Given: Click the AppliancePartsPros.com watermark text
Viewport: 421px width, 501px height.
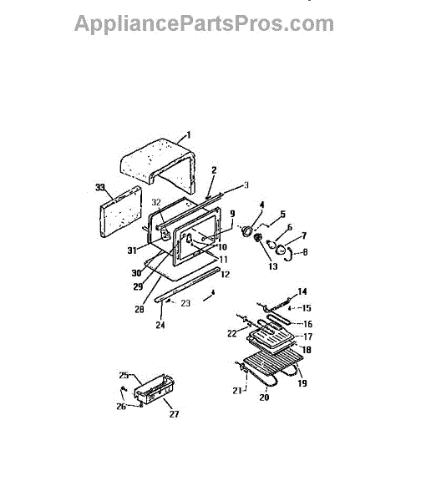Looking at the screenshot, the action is pos(204,23).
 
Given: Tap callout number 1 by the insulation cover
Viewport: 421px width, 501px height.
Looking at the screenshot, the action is pos(189,135).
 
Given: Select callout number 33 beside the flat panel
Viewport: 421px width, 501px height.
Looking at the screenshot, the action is pos(100,187).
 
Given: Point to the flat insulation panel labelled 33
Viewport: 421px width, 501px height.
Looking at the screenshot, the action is pos(120,211).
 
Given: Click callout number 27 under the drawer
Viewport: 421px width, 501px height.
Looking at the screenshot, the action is pos(174,414).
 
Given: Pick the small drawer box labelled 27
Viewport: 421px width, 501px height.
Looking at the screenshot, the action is pos(154,389).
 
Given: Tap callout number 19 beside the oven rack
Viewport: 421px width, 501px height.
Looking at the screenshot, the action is pos(302,383).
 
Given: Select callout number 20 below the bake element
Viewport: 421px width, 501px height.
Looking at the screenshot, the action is pos(264,397).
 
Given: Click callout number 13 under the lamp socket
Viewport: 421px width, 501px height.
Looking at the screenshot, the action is pos(273,266).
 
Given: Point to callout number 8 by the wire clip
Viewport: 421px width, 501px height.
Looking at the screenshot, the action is pos(305,252).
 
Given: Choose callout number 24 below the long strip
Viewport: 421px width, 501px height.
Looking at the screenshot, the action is pos(160,325).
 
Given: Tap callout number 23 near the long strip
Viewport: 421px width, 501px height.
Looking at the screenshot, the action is pos(185,303).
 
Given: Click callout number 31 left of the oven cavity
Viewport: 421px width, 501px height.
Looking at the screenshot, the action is pos(132,250).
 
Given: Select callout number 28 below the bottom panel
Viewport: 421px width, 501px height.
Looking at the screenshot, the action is pos(139,309).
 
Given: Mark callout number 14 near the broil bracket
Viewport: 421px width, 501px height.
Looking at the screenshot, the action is pos(302,291).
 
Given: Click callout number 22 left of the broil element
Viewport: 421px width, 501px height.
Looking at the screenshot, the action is pos(232,333).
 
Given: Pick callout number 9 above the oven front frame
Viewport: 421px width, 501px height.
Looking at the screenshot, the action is pos(232,214).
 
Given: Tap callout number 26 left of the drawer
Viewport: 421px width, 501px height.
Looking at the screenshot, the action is pos(121,407).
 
